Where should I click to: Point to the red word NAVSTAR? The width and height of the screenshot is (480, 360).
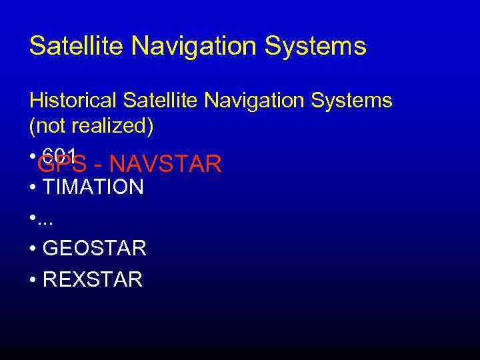click(166, 163)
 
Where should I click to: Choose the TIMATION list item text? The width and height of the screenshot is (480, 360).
click(93, 187)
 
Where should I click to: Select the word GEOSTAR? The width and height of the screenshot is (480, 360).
click(94, 249)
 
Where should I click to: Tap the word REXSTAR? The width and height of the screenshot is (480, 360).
click(92, 279)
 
